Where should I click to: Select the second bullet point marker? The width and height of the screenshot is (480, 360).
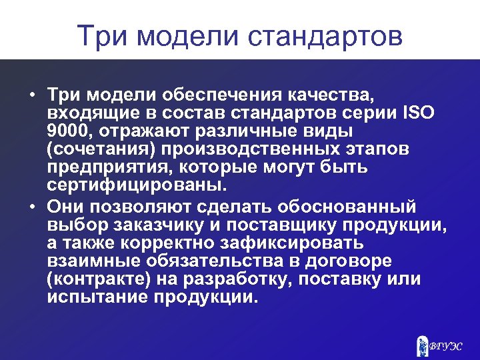pyautogui.click(x=32, y=204)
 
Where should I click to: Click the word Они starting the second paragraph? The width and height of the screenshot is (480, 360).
pyautogui.click(x=68, y=204)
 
